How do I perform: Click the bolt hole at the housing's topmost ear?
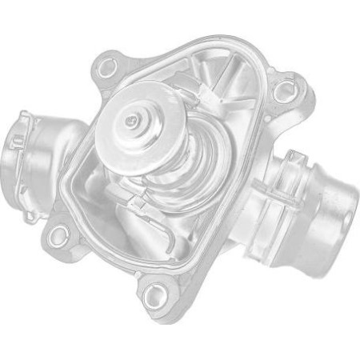coord(108,66)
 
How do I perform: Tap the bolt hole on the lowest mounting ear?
coord(157,294)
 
